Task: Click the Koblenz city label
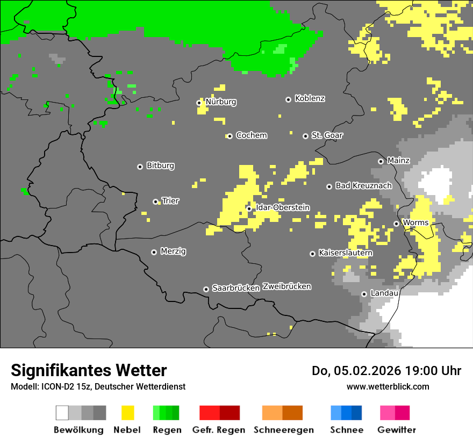pos(310,98)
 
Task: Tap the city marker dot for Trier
pos(156,202)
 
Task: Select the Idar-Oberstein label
pos(283,207)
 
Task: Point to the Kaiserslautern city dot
pos(312,254)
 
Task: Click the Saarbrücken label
pos(236,288)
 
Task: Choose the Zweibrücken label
pos(286,286)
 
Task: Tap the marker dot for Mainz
pos(381,161)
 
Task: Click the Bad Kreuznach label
pos(363,185)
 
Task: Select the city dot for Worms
pos(396,224)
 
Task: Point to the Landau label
pos(384,293)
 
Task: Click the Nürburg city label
pos(221,102)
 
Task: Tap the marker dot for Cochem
pos(230,136)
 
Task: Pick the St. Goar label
pos(327,135)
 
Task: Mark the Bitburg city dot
pos(140,167)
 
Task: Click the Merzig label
pos(173,251)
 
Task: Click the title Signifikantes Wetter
pos(89,370)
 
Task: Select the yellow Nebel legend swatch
pos(127,413)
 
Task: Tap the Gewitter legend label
pos(397,430)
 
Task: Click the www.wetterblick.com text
pos(388,386)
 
